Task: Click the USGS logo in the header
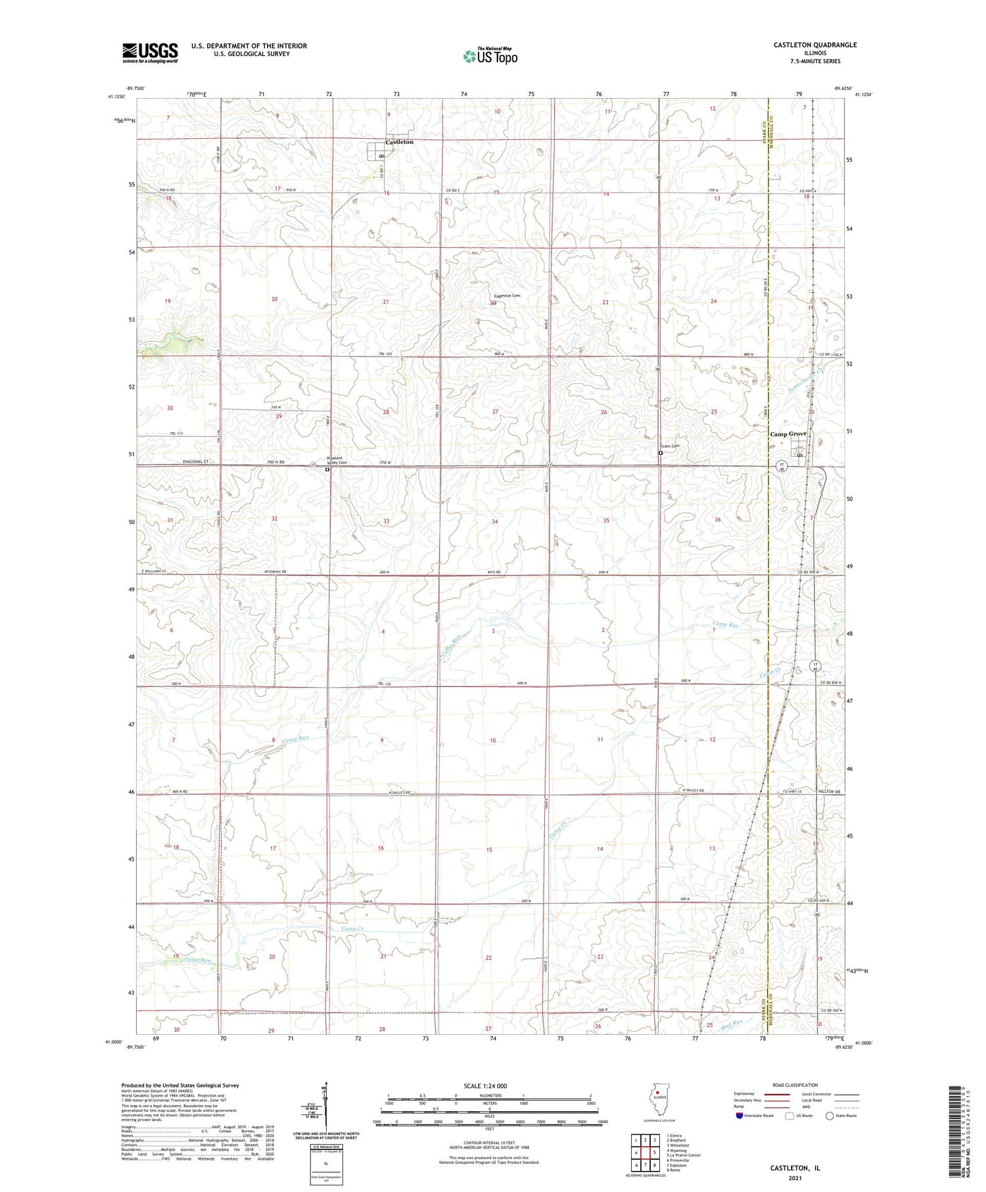pos(150,53)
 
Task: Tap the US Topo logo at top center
pos(490,56)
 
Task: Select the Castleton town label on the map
pos(400,142)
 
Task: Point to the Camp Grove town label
pos(788,434)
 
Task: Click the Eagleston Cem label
pos(507,296)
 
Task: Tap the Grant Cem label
pos(670,446)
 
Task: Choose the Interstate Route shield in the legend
pos(741,1116)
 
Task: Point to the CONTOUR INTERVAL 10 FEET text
pos(489,1143)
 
